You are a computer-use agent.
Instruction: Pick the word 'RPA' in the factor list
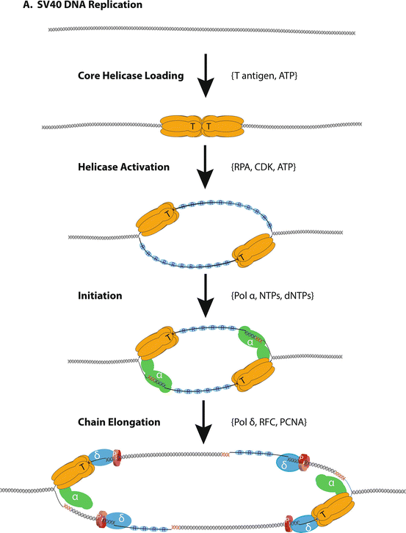[x=241, y=167]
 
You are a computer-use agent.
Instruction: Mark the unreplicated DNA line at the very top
[x=202, y=32]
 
